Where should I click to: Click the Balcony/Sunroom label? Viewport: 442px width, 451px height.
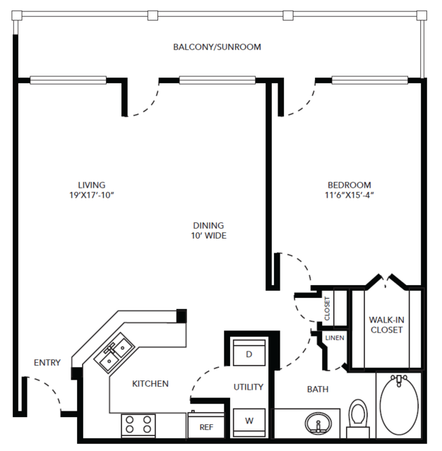click(217, 47)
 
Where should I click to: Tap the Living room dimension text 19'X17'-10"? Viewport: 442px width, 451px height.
click(92, 195)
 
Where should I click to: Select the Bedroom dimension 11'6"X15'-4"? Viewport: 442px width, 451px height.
click(349, 195)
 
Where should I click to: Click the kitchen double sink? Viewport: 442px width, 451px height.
click(114, 353)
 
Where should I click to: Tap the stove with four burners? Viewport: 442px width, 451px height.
click(138, 425)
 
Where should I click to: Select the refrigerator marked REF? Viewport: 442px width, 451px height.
click(206, 425)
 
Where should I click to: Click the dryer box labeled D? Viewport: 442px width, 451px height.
click(249, 353)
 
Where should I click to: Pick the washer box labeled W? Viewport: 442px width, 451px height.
click(249, 422)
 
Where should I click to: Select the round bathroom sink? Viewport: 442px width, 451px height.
click(318, 423)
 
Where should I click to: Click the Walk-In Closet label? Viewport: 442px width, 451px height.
click(386, 325)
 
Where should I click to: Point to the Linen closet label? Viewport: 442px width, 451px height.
click(335, 338)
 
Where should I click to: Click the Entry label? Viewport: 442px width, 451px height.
click(47, 362)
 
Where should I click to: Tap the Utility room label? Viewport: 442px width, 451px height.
click(249, 387)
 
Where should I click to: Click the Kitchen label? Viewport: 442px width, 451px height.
click(150, 384)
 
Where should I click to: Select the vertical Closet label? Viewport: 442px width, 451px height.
click(327, 308)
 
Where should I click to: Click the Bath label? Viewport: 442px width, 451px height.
click(318, 389)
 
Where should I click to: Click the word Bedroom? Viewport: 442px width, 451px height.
click(350, 185)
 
